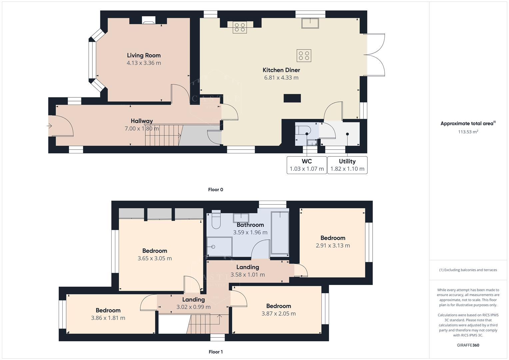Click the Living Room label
[x=144, y=55]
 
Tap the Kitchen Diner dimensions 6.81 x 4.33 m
[x=281, y=78]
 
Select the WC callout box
[x=307, y=165]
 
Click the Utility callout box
[x=347, y=165]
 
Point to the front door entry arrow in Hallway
[x=50, y=126]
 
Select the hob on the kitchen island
[x=304, y=56]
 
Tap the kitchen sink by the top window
[x=310, y=23]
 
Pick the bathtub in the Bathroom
[x=280, y=232]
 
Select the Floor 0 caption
[x=215, y=190]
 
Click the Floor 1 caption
[x=215, y=352]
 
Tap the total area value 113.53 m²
[x=468, y=132]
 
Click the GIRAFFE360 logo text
[x=468, y=345]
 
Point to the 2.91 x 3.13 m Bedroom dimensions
[x=333, y=246]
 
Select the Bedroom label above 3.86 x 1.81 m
[x=108, y=310]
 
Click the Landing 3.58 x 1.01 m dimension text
[x=248, y=275]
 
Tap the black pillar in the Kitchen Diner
[x=292, y=98]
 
